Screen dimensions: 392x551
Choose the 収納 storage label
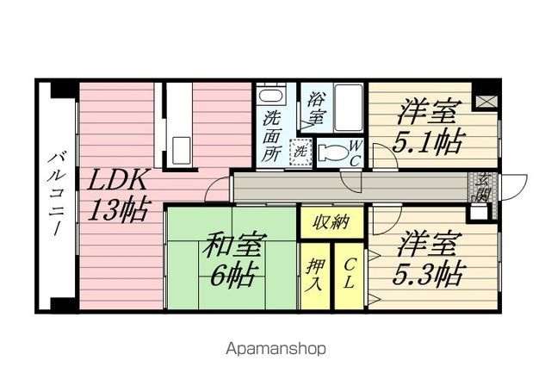[323, 221]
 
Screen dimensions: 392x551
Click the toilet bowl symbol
[331, 153]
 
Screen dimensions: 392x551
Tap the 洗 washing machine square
[300, 151]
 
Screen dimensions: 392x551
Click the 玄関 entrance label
[483, 186]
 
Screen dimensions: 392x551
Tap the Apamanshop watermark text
[275, 349]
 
